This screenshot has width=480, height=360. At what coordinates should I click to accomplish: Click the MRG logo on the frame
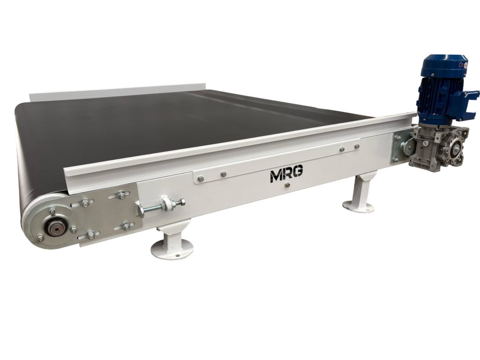click(286, 175)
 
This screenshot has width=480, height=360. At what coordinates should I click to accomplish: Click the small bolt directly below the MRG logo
click(287, 185)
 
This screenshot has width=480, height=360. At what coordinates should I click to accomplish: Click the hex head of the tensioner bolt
click(182, 202)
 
